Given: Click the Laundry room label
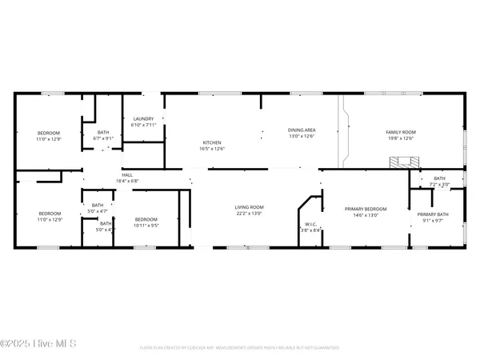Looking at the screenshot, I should coord(143,119).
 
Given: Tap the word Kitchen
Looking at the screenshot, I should coord(211,142).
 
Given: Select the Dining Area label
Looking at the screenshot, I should coord(302,130).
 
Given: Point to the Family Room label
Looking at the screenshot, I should coord(402,132).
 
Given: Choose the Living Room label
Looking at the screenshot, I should coord(249,207).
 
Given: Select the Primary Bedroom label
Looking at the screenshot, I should coord(365,209).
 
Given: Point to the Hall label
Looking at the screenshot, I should coord(127,175).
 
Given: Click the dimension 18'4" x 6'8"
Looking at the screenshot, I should coord(129,181).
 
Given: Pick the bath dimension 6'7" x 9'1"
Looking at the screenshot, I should coord(104,138).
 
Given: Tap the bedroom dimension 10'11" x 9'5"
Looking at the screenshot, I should coord(146,225).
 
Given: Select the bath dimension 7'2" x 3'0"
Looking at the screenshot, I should coord(440,184).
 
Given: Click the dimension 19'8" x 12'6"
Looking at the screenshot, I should coord(402,138).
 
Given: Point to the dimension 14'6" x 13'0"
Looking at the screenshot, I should coord(365,214).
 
